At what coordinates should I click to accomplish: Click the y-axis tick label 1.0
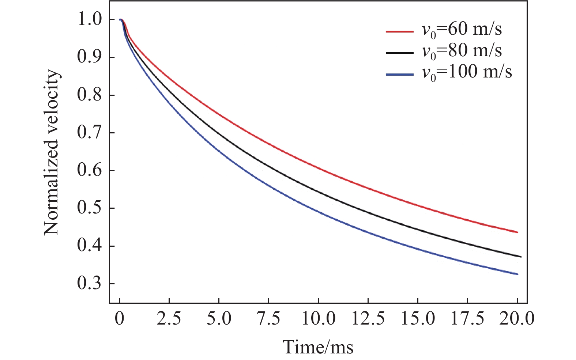(90, 20)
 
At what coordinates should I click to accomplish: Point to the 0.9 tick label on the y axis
(90, 57)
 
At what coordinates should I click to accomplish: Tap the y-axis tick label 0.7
(90, 133)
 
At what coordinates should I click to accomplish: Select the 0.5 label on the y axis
(90, 208)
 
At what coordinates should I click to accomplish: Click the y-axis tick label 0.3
(90, 284)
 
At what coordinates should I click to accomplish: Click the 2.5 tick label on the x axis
(169, 319)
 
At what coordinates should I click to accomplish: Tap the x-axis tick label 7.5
(268, 319)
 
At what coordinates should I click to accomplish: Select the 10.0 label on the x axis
(318, 319)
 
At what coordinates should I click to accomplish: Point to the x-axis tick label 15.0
(418, 319)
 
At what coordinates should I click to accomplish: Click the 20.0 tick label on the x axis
(517, 319)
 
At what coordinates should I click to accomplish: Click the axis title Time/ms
(318, 346)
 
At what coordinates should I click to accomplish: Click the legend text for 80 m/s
(462, 51)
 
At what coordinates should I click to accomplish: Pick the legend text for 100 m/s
(467, 72)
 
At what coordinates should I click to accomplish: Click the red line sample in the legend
(400, 31)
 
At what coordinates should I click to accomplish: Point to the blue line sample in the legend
(400, 74)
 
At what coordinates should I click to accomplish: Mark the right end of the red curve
(517, 232)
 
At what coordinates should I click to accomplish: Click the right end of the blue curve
(517, 274)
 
